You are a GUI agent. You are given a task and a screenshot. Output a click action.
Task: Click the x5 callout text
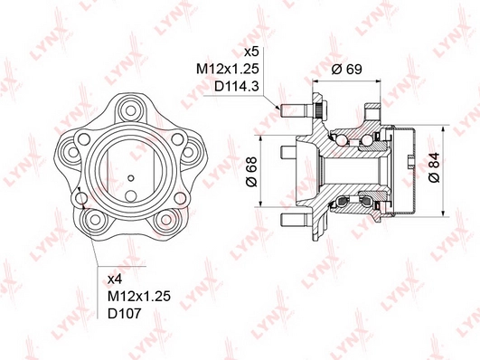(251, 52)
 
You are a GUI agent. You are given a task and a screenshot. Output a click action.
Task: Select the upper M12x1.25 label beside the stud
(228, 70)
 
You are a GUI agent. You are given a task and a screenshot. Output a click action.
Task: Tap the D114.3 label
(237, 87)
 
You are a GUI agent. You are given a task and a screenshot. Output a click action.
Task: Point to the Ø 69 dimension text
(347, 70)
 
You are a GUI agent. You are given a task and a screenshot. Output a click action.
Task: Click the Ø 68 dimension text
(251, 172)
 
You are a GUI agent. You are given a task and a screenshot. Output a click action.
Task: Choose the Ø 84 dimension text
(434, 167)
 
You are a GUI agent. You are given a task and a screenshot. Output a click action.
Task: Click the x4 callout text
(116, 279)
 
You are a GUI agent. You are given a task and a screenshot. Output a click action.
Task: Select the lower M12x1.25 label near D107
(139, 297)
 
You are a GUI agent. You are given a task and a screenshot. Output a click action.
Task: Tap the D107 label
(125, 314)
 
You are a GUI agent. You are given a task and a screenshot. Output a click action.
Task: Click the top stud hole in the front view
(130, 110)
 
